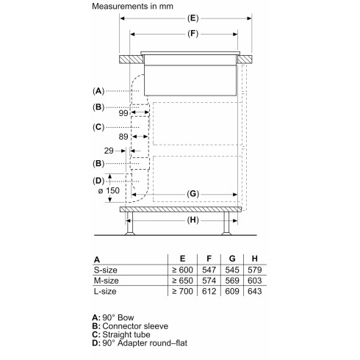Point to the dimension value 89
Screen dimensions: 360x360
click(x=112, y=137)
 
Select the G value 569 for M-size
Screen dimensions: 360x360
click(x=233, y=281)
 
